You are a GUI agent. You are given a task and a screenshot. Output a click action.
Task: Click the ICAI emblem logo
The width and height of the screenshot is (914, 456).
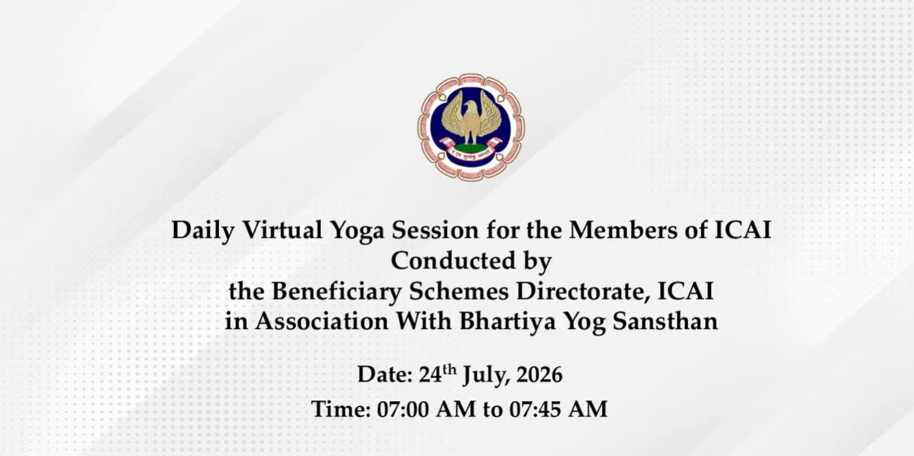pos(471,127)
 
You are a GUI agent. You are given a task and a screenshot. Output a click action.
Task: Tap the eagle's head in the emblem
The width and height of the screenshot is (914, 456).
pos(471,107)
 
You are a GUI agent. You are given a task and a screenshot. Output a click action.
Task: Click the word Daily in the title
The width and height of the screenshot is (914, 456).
pos(203,231)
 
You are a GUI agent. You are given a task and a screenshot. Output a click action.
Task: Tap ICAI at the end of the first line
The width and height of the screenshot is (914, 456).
pos(743,230)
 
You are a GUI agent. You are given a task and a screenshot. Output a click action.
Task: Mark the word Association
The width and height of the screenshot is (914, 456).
pos(322,321)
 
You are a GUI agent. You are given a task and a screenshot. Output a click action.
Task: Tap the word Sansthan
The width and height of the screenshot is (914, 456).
pos(665,321)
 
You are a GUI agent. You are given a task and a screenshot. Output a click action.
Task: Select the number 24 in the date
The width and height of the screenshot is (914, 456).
pos(431,374)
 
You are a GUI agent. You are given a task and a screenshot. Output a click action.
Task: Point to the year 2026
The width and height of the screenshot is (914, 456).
pos(539,374)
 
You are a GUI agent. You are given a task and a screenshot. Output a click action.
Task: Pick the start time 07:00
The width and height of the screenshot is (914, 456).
pos(403,409)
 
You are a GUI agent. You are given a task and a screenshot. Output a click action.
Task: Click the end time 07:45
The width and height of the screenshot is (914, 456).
pos(536,409)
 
